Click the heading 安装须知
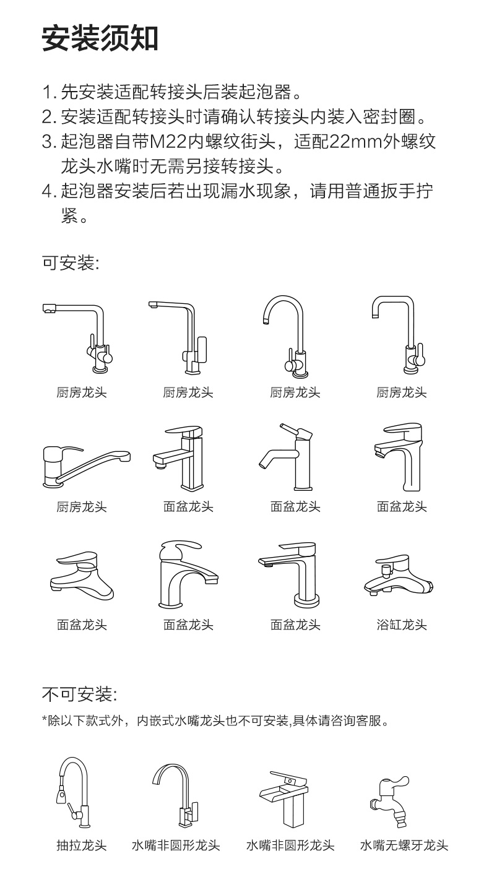pyautogui.click(x=100, y=38)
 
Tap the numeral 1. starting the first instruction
pyautogui.click(x=49, y=92)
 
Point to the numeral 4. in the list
pyautogui.click(x=49, y=191)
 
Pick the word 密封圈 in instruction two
pyautogui.click(x=389, y=117)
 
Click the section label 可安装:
pyautogui.click(x=71, y=262)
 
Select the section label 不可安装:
pyautogui.click(x=79, y=694)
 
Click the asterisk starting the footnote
pyautogui.click(x=45, y=719)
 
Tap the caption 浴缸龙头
pyautogui.click(x=402, y=625)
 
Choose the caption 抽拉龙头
pyautogui.click(x=82, y=845)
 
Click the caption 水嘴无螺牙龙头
pyautogui.click(x=404, y=845)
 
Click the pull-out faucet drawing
pyautogui.click(x=73, y=792)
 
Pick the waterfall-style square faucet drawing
pyautogui.click(x=284, y=799)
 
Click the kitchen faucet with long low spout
pyautogui.click(x=86, y=467)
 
